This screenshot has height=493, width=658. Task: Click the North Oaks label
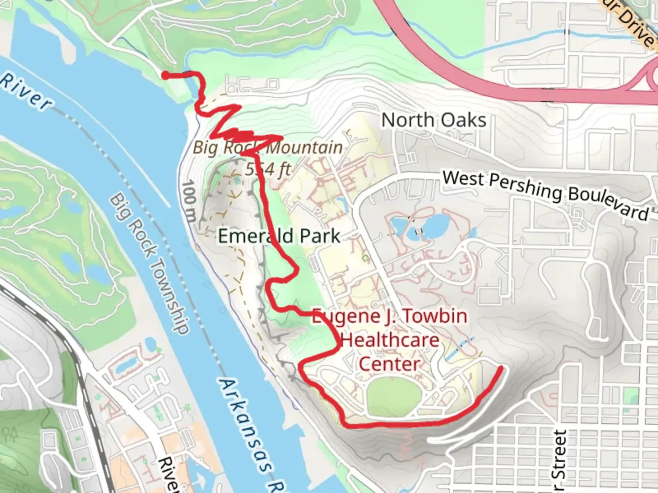click(434, 120)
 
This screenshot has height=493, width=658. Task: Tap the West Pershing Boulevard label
click(545, 194)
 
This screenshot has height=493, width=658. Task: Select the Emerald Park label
click(279, 236)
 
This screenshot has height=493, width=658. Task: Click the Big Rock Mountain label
click(267, 147)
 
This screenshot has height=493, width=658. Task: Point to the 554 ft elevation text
click(268, 169)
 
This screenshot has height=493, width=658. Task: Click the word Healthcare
click(390, 340)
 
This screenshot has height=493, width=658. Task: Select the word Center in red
click(389, 364)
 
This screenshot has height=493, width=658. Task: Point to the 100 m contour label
click(190, 201)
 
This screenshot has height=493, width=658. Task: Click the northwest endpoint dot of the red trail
click(165, 75)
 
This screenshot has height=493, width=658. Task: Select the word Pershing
click(525, 187)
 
